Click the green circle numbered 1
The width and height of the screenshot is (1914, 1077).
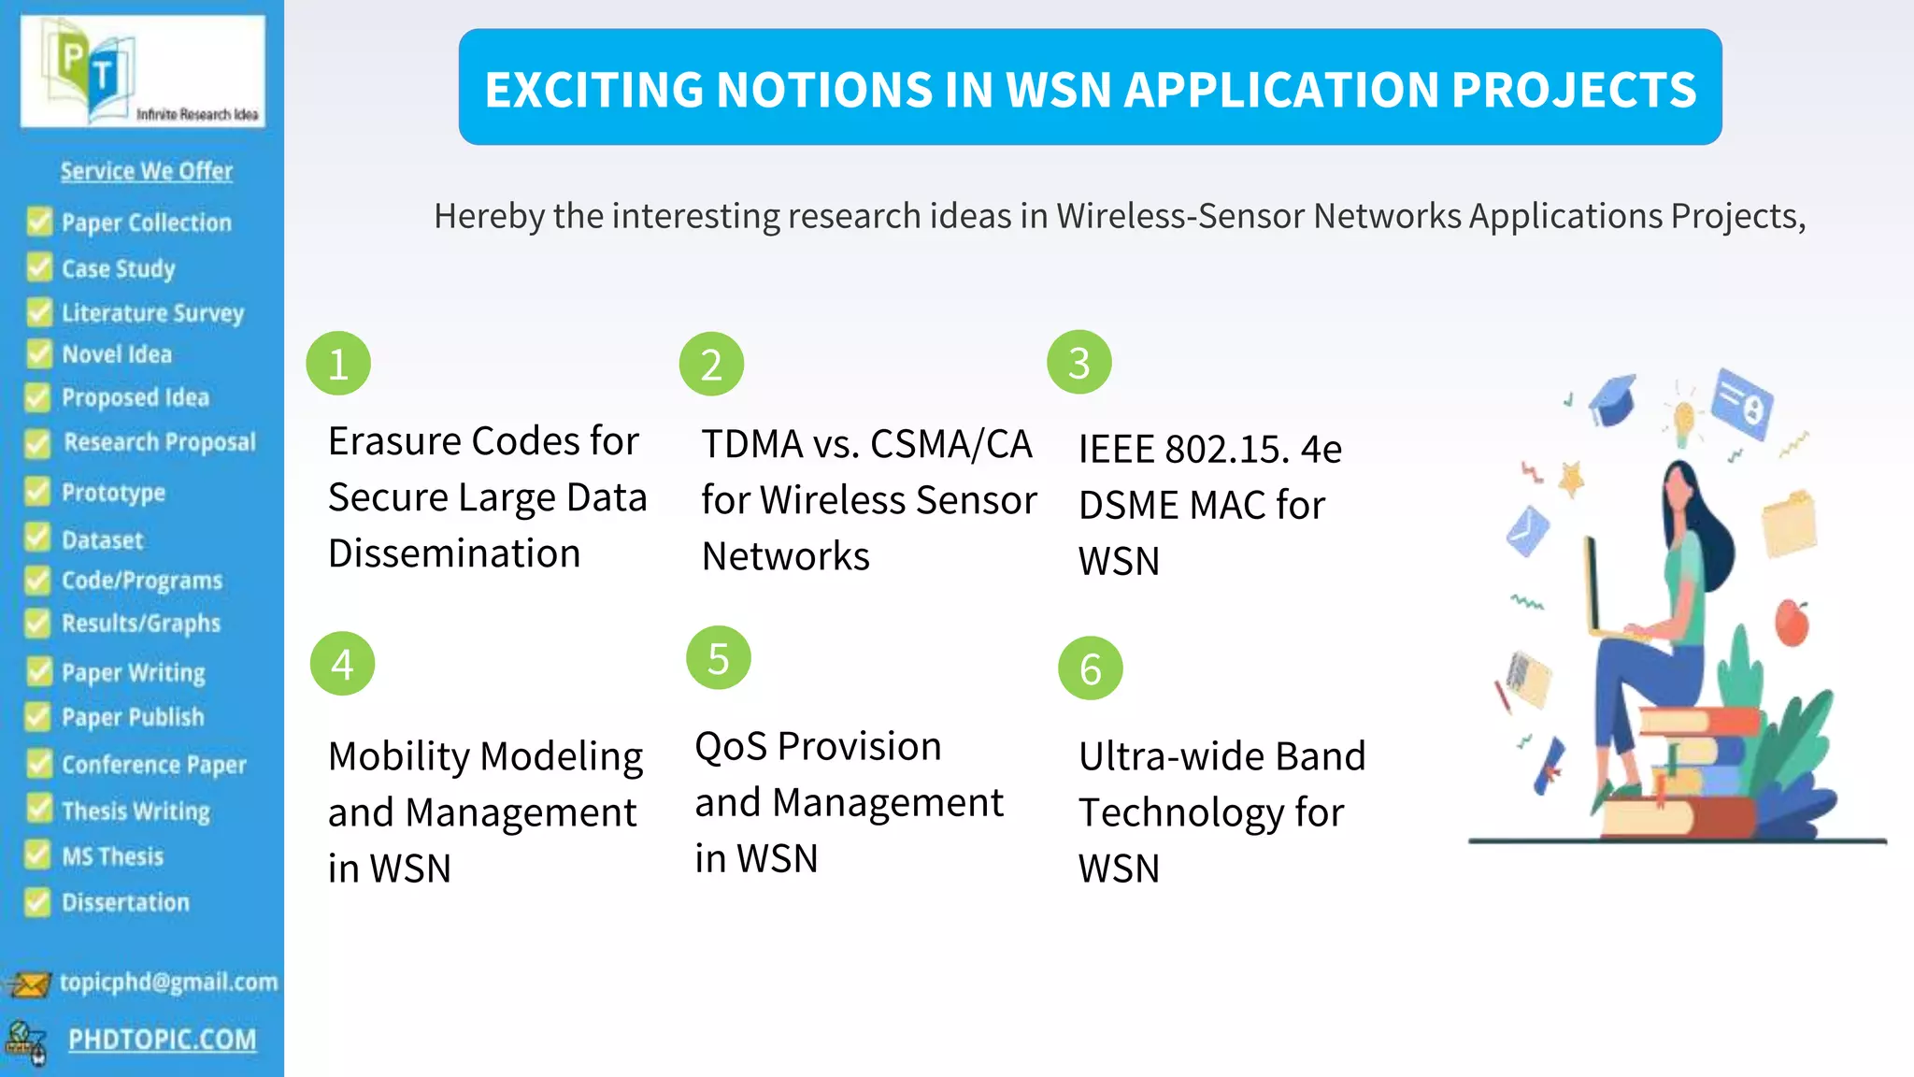[338, 364]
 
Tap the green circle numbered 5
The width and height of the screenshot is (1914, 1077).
[718, 658]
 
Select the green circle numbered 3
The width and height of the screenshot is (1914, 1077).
[1078, 363]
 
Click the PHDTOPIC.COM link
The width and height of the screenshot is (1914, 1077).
[162, 1040]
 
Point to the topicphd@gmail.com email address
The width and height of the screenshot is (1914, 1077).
[168, 982]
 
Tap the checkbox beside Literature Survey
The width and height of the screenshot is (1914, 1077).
[39, 312]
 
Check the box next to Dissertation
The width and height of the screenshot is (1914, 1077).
[37, 902]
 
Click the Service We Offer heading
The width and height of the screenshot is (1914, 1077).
[147, 171]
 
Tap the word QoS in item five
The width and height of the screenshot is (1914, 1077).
[731, 747]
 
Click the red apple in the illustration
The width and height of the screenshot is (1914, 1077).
[1791, 624]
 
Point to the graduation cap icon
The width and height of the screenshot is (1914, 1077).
[1613, 401]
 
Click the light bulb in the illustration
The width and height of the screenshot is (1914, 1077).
[1683, 420]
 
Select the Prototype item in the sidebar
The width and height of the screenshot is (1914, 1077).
[113, 493]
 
